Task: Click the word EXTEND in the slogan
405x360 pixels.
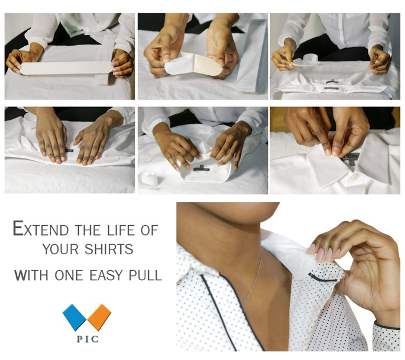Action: click(x=41, y=229)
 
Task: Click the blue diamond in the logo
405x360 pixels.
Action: click(x=74, y=317)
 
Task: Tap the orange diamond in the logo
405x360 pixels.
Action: click(x=99, y=317)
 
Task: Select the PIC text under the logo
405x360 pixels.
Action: click(x=87, y=339)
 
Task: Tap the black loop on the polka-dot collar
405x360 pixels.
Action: click(x=322, y=278)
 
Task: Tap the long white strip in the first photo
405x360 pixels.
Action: click(x=67, y=68)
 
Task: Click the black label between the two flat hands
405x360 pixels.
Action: click(x=69, y=150)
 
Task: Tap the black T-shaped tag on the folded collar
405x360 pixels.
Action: click(x=201, y=168)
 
